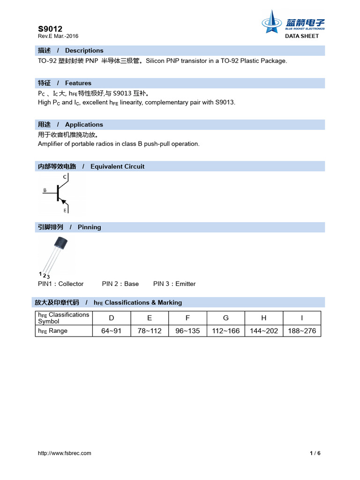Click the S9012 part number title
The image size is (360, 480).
click(x=50, y=29)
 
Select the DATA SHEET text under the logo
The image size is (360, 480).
click(x=302, y=36)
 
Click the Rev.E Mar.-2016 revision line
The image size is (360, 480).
click(x=58, y=36)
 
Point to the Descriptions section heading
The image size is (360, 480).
click(x=84, y=51)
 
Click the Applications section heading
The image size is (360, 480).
click(x=84, y=125)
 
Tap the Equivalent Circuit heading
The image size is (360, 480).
click(x=117, y=166)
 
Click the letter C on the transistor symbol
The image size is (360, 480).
click(x=65, y=177)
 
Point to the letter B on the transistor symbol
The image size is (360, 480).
click(x=45, y=190)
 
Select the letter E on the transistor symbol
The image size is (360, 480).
click(x=65, y=210)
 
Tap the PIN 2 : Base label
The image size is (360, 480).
click(x=120, y=284)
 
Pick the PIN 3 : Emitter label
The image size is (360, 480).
click(x=174, y=284)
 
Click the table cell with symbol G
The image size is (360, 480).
click(x=226, y=318)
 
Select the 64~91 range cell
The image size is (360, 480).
click(x=111, y=331)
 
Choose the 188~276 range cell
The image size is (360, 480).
click(x=302, y=331)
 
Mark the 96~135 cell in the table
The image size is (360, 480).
click(x=187, y=331)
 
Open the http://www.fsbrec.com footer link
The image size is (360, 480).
click(x=65, y=453)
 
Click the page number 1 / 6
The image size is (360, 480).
click(x=315, y=453)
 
